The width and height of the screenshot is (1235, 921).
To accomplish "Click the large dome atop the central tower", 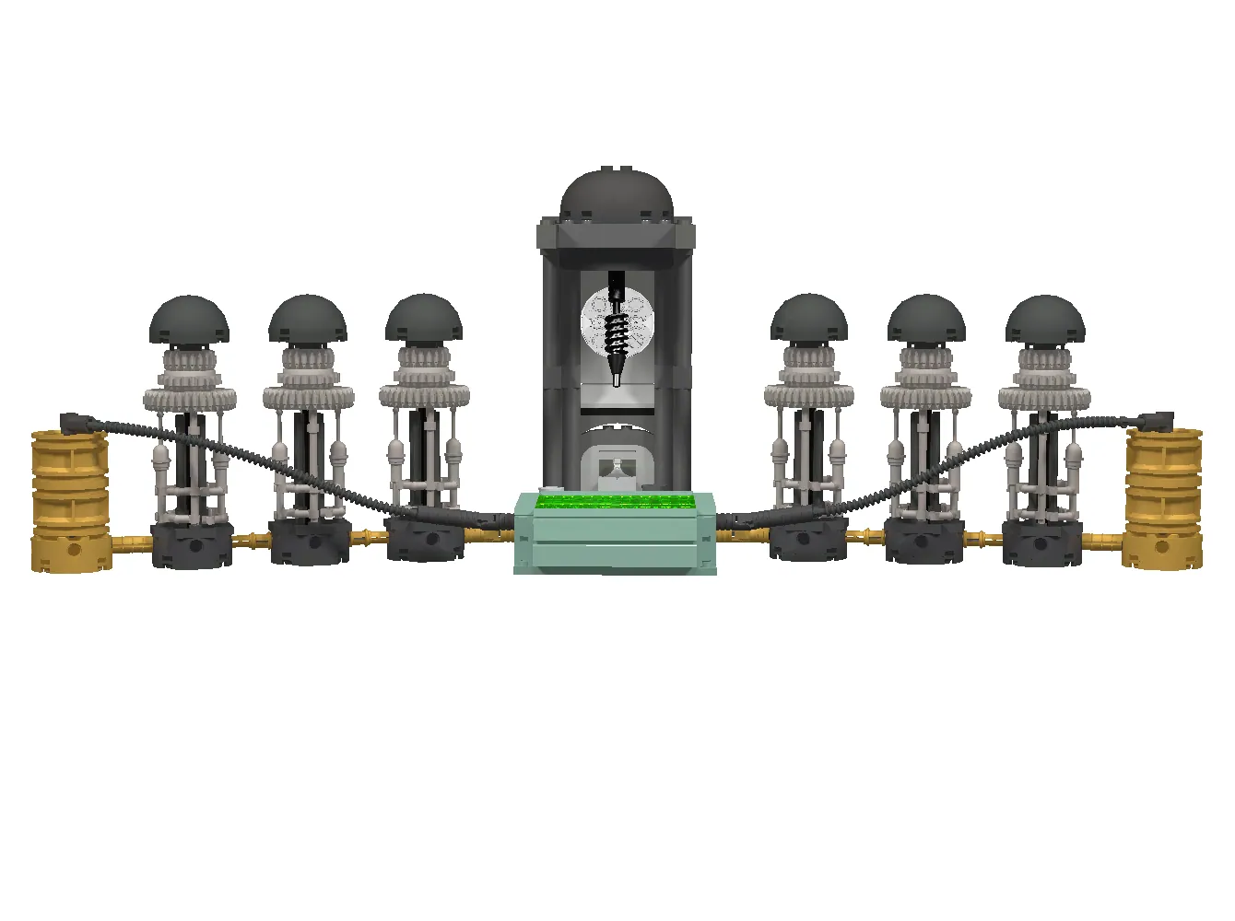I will (616, 195).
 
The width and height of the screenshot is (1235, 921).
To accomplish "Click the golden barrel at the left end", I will (69, 502).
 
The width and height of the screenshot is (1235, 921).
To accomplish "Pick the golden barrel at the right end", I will (1163, 502).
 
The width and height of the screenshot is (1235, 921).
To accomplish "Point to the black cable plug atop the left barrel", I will (79, 423).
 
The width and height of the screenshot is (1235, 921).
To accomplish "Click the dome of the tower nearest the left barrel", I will (189, 320).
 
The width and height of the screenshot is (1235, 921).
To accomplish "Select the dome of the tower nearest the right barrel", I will (1044, 320).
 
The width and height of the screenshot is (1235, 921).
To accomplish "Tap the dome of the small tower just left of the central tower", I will (424, 319).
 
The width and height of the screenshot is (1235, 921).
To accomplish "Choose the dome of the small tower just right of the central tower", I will (808, 319).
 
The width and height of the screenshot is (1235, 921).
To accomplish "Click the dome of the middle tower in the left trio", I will (308, 319).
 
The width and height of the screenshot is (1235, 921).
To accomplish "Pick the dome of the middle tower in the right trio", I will (926, 319).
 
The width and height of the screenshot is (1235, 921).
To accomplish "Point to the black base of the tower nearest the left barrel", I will (192, 545).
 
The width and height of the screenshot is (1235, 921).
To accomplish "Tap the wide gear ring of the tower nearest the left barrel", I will (190, 399).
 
